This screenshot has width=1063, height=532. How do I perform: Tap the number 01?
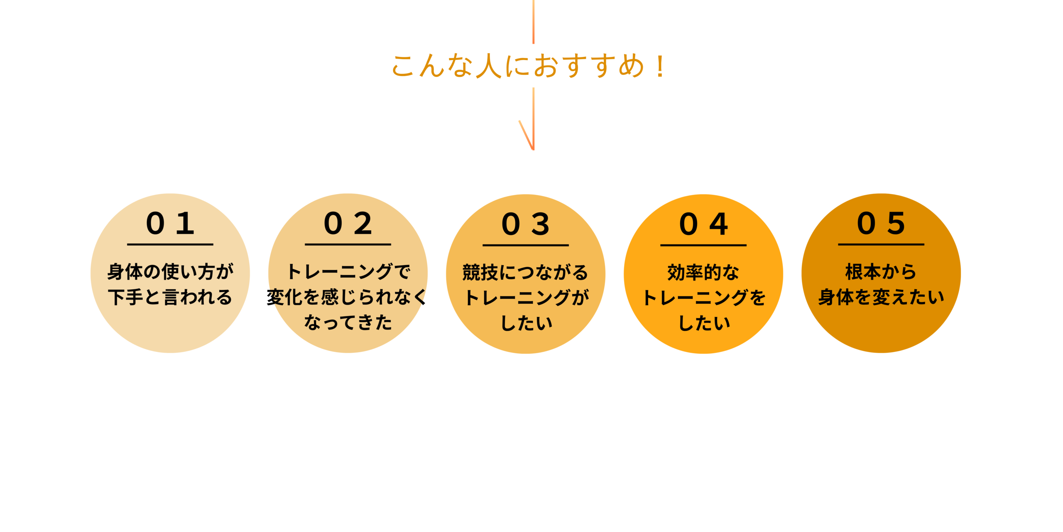point(170,224)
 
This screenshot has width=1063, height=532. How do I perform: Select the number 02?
point(348,224)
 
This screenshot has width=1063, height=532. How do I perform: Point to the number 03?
point(526,224)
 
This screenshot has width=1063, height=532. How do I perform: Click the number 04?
point(703,224)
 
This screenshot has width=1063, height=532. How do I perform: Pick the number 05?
point(881,224)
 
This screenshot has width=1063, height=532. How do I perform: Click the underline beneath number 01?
point(170,244)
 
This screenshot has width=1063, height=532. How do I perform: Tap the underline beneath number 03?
point(526,245)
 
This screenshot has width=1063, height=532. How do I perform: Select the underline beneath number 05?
point(881,244)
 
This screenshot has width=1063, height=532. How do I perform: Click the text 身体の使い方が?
point(170,272)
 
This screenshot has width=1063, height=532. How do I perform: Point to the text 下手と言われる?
point(170,297)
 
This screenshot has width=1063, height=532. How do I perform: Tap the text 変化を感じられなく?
point(347,297)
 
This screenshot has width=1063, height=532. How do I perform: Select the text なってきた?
point(348,323)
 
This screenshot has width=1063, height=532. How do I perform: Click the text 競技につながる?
point(526,273)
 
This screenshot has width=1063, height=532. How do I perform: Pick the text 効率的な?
point(703,273)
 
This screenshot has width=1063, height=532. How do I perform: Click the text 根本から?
point(881,272)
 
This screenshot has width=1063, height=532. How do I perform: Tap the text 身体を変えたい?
point(881,297)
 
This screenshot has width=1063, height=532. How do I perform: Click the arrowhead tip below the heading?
point(533,150)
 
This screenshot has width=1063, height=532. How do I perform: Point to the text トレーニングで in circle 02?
point(348,272)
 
